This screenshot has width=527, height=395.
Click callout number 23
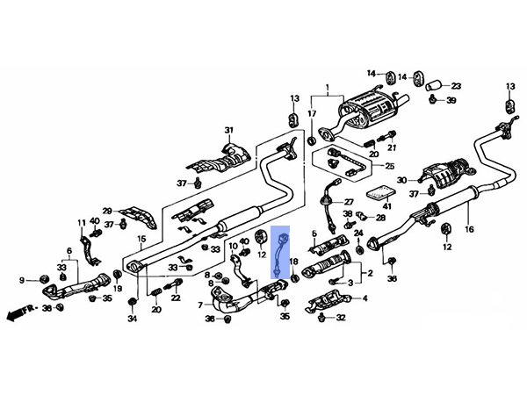point(456,86)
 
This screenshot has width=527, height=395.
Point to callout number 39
point(451,102)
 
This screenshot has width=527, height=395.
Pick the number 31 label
point(230,132)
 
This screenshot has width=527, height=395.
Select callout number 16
point(469,229)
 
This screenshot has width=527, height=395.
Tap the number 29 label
point(107,211)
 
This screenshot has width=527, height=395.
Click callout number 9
point(24,280)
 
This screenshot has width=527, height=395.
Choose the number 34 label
point(132,320)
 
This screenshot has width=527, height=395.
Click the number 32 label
point(342,318)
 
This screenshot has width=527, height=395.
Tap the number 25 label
point(391,165)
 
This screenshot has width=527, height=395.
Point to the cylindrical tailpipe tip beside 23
point(433,86)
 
